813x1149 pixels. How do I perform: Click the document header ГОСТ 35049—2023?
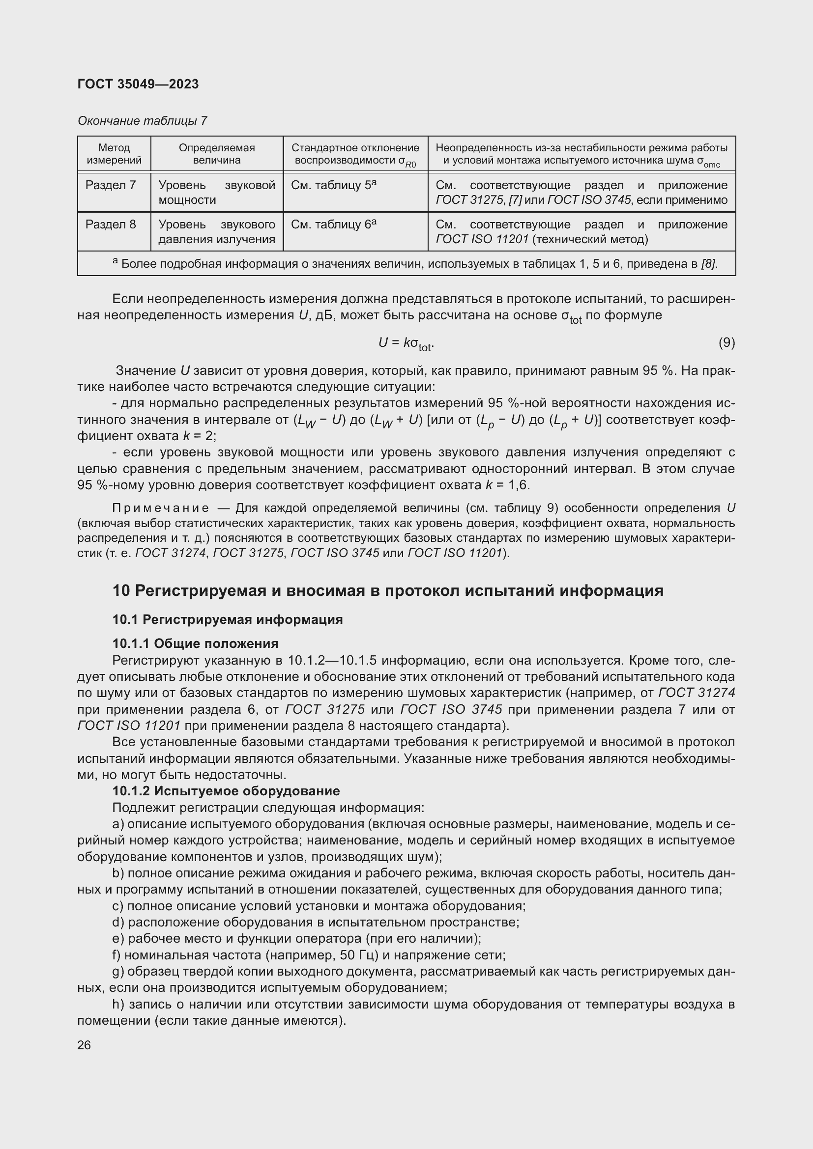[x=138, y=84]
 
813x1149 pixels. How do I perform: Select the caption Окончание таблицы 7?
[x=142, y=121]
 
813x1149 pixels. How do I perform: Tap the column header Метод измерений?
[x=114, y=154]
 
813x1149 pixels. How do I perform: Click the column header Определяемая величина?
[x=216, y=154]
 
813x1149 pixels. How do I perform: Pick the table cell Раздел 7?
[x=111, y=185]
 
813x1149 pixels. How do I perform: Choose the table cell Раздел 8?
[x=111, y=224]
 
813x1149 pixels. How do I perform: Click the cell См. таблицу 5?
[x=333, y=185]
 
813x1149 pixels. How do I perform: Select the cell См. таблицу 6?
[x=333, y=224]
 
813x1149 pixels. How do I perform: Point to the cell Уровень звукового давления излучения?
[x=216, y=232]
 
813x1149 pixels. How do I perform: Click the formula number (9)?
[x=726, y=342]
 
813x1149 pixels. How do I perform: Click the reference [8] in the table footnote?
[x=709, y=264]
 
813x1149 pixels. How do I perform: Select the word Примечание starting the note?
[x=160, y=508]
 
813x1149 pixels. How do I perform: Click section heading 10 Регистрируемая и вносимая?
[x=387, y=590]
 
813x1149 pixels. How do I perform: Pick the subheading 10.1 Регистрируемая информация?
[x=227, y=619]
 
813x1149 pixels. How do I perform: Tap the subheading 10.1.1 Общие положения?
[x=195, y=643]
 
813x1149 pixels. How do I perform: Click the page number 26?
[x=84, y=1045]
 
